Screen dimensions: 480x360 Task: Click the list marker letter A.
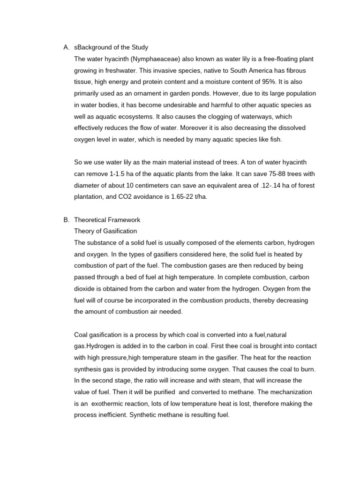[66, 47]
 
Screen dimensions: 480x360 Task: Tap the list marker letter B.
[66, 220]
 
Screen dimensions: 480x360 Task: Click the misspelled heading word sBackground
[94, 47]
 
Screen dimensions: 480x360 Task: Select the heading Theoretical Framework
[107, 220]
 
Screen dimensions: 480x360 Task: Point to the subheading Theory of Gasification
[105, 231]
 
